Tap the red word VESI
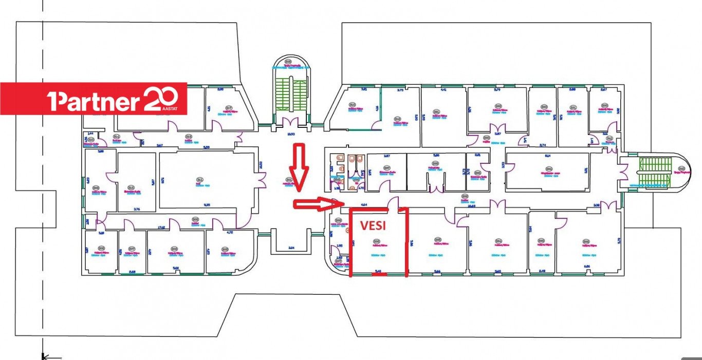373,226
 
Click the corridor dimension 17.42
161,226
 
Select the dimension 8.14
548,155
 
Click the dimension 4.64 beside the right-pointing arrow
364,205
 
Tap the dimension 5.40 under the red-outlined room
378,272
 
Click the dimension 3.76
137,209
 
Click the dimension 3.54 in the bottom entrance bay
291,248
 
